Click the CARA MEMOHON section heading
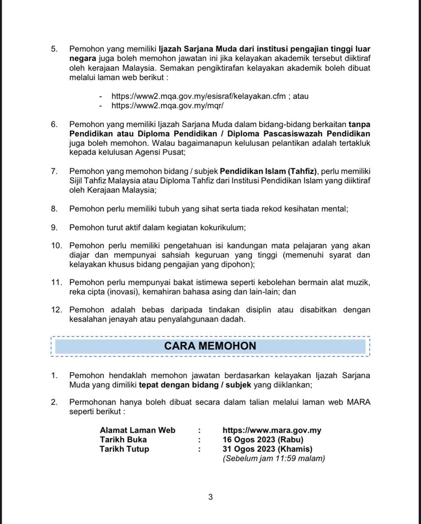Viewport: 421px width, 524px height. click(210, 346)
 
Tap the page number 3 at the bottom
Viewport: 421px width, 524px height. click(210, 497)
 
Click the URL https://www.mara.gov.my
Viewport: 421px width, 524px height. click(272, 430)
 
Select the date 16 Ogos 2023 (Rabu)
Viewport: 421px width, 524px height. click(263, 439)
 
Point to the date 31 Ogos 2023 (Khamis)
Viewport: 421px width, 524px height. click(268, 449)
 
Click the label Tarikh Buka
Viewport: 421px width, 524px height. click(123, 439)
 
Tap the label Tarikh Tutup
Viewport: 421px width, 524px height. click(125, 449)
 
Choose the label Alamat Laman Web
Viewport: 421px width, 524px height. click(138, 430)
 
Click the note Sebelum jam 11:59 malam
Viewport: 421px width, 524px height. click(274, 459)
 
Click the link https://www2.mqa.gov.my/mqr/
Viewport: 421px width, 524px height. click(171, 106)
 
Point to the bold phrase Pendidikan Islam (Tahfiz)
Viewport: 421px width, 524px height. click(268, 171)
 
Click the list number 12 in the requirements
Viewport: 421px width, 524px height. click(57, 310)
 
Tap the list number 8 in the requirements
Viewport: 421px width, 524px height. click(54, 209)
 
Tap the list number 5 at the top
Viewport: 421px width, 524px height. click(54, 49)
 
